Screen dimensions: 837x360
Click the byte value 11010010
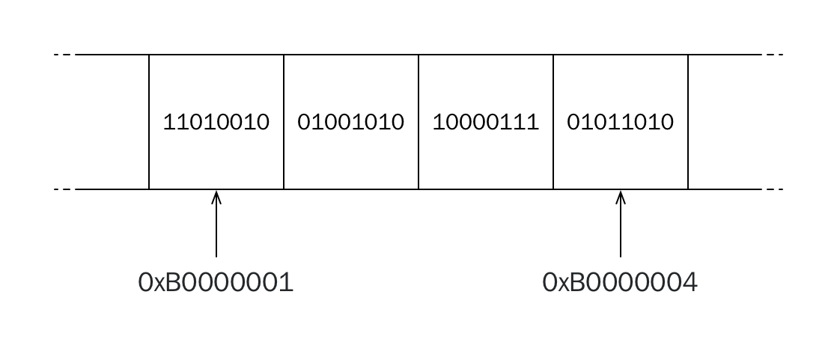(x=216, y=122)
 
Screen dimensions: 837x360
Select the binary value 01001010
(x=350, y=122)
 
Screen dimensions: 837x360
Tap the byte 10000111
(x=485, y=122)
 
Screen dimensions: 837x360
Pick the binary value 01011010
(x=621, y=122)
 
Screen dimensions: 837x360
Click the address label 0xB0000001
(x=216, y=282)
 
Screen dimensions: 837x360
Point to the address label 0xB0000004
(x=621, y=282)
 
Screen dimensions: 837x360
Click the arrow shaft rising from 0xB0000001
(x=216, y=225)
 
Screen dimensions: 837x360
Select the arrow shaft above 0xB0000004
(x=621, y=225)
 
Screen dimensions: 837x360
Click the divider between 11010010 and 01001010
(x=284, y=121)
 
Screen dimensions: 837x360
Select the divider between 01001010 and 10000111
(x=418, y=121)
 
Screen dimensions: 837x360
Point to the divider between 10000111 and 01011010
(x=553, y=121)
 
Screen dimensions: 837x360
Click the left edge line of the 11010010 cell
(x=149, y=121)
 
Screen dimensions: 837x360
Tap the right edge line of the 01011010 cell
(x=688, y=121)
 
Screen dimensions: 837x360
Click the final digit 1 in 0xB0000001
(x=287, y=282)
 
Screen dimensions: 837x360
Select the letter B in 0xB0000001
(x=174, y=282)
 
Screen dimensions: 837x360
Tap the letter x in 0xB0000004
(x=563, y=285)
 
